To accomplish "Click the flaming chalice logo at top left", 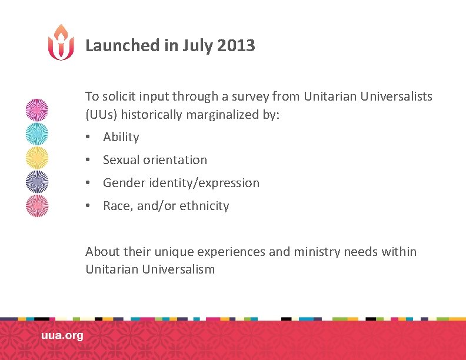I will click(61, 42).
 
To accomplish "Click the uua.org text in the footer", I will click(62, 336).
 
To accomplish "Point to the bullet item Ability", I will click(121, 137).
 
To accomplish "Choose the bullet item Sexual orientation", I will click(155, 160).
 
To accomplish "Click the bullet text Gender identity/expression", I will click(181, 183).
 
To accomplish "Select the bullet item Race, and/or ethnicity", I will click(166, 206).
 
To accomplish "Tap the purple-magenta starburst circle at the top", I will click(37, 110).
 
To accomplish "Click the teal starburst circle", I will click(37, 134).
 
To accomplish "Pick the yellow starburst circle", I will click(37, 158).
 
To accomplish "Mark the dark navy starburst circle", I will click(37, 182).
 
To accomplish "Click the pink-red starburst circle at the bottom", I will click(37, 206).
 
